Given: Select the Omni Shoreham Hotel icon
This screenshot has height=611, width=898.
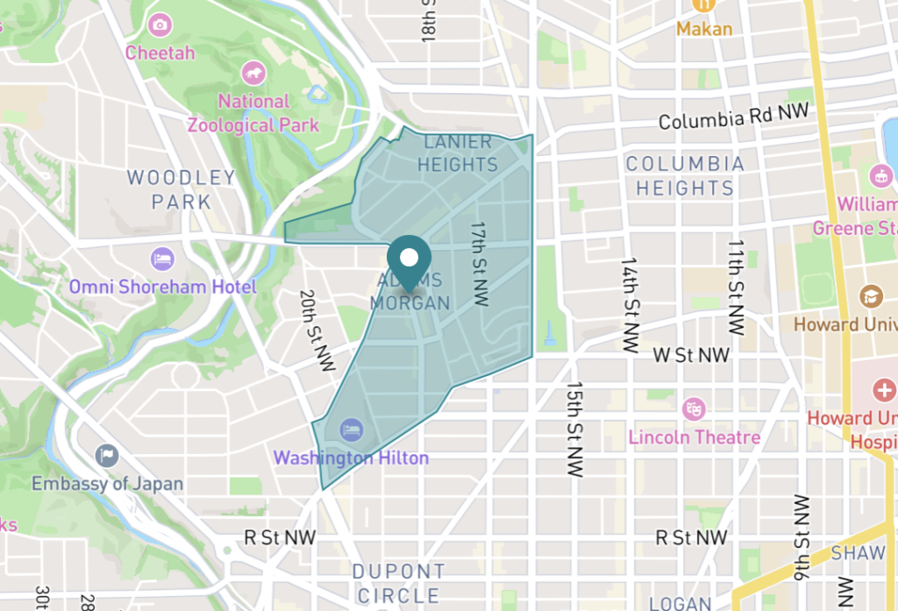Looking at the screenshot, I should click(162, 259).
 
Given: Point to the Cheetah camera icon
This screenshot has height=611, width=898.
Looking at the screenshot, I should click(160, 25).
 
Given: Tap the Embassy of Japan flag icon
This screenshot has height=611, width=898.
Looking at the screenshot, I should click(107, 455).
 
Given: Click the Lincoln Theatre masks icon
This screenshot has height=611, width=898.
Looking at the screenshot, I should click(694, 409).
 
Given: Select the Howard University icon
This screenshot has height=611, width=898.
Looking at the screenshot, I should click(871, 295).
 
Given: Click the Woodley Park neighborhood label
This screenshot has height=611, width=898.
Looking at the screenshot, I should click(182, 189).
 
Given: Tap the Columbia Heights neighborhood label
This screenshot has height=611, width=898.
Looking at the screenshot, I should click(685, 175).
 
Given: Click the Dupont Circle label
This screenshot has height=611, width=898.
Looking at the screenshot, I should click(399, 583).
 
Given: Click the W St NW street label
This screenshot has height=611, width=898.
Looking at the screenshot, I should click(691, 355).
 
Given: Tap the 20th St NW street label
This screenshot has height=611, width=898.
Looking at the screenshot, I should click(317, 331).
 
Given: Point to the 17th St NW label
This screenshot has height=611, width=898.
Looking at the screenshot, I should click(479, 262).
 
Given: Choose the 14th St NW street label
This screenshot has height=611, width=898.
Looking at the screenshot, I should click(630, 304).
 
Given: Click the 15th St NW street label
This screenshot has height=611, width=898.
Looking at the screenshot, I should click(574, 428).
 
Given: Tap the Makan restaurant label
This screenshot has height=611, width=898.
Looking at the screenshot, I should click(703, 29).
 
